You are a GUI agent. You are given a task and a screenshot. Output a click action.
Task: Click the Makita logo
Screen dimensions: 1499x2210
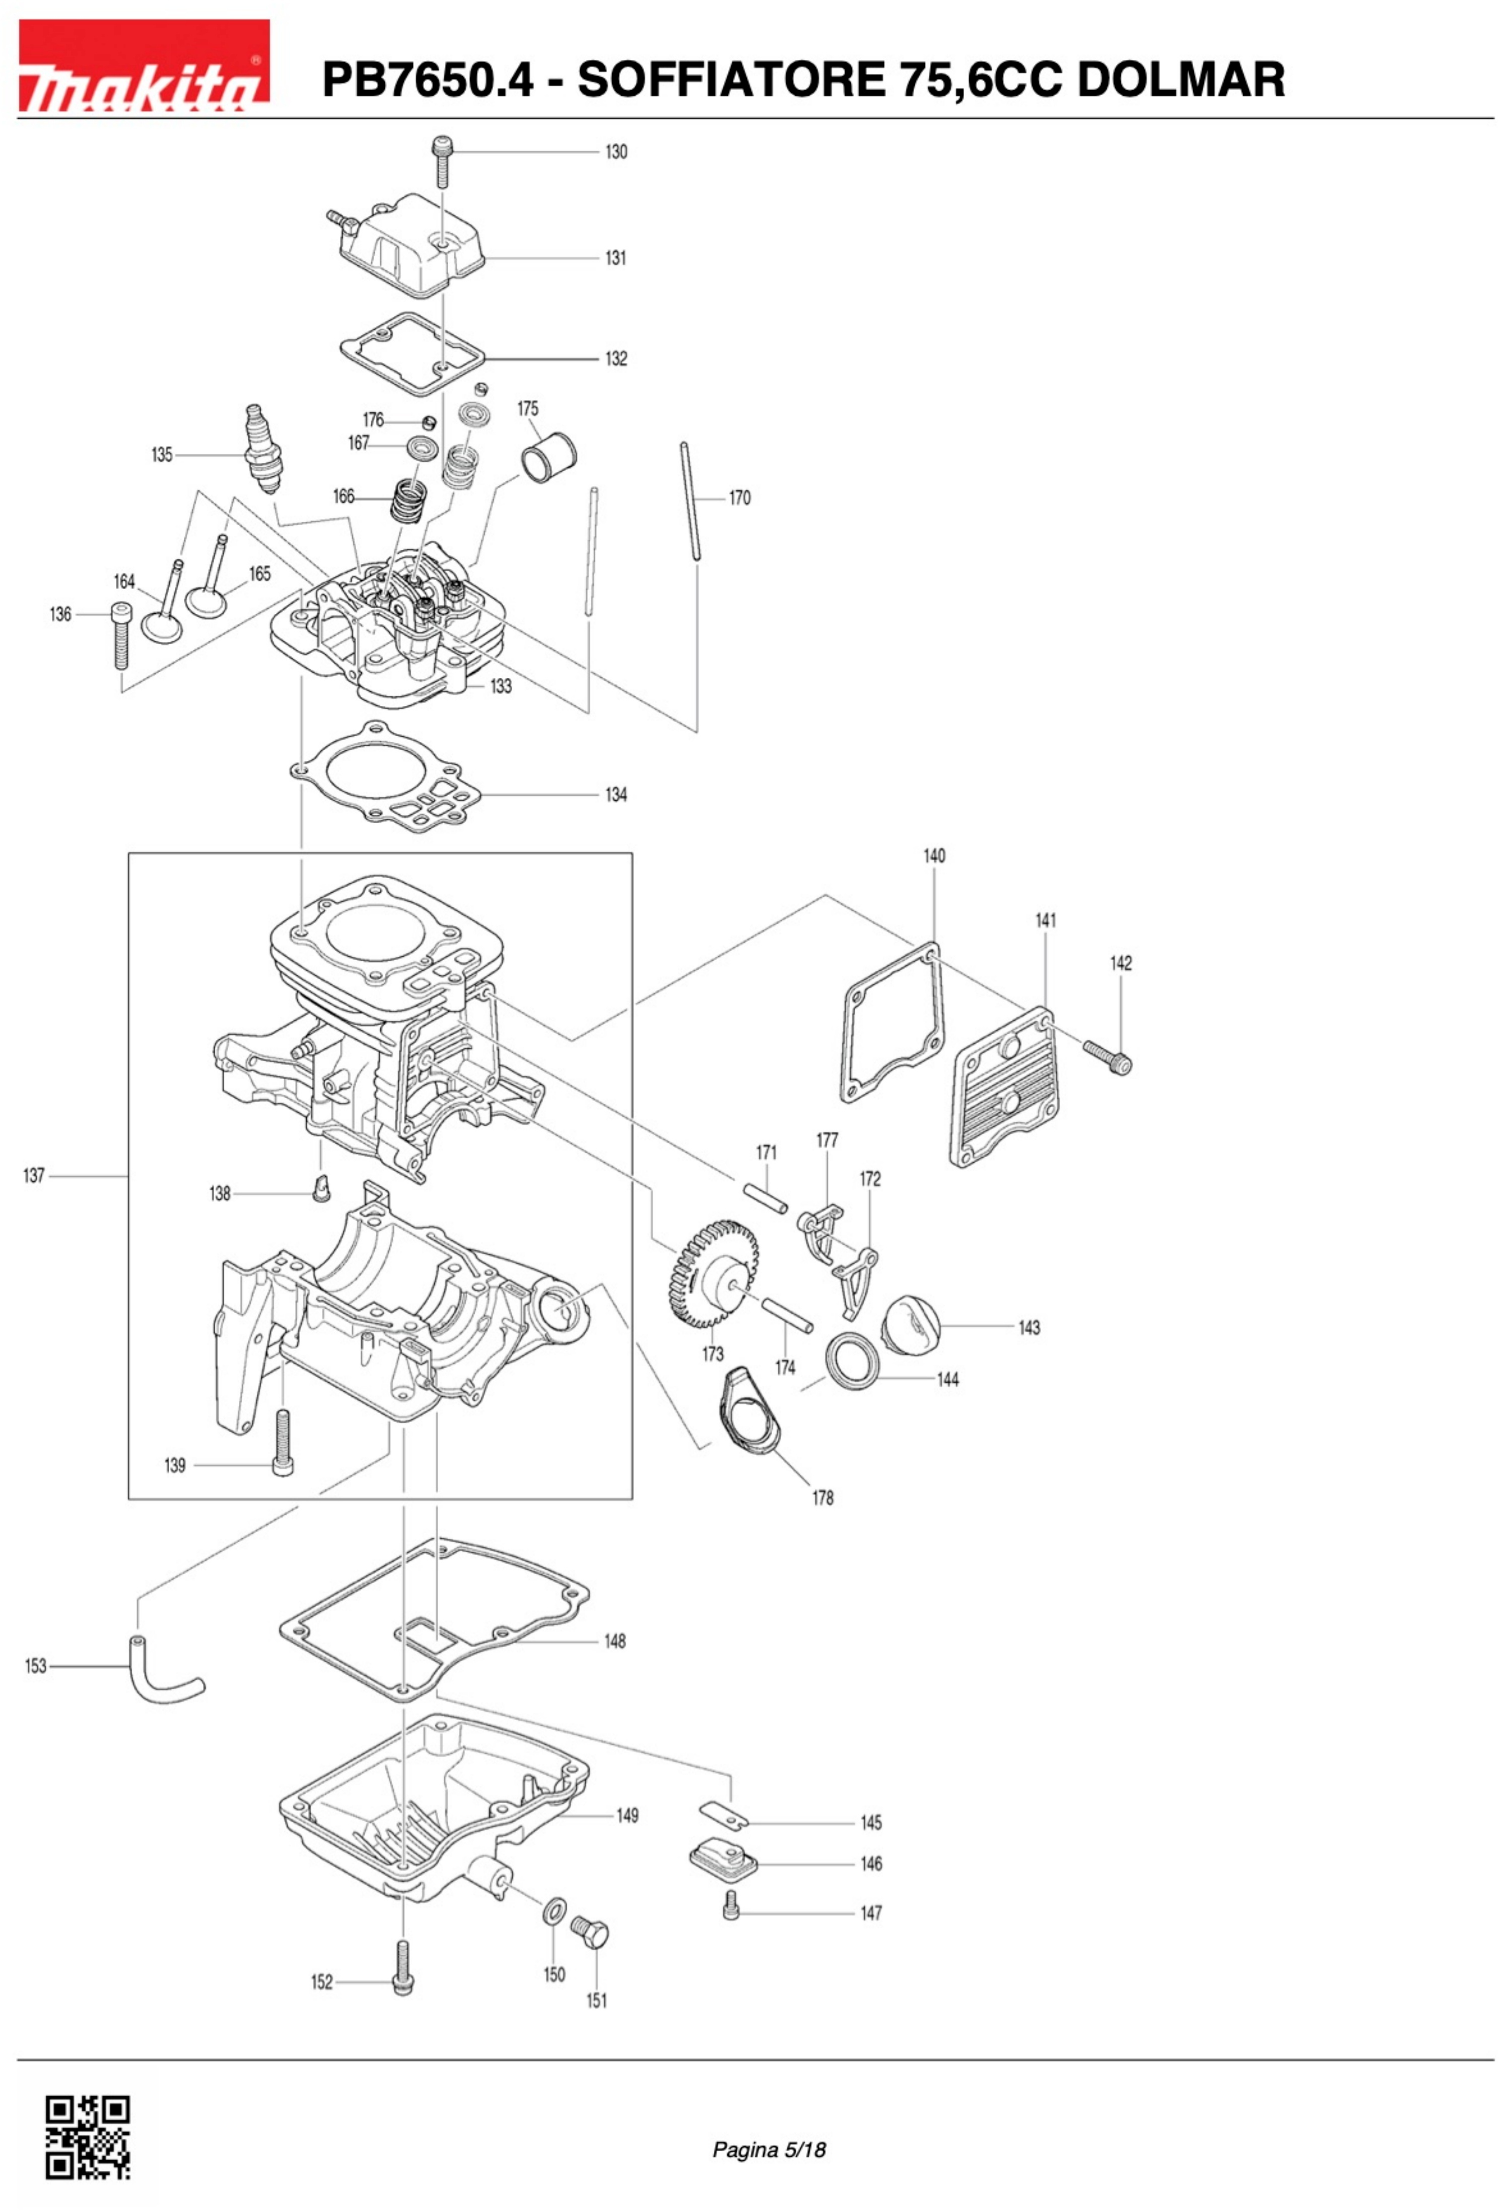click(144, 65)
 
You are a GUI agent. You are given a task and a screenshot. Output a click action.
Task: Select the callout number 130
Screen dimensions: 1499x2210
click(616, 152)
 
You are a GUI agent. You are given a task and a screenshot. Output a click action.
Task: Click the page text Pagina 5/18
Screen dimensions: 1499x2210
click(769, 2149)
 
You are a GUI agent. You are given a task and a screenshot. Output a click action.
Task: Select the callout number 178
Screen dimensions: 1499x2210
click(823, 1498)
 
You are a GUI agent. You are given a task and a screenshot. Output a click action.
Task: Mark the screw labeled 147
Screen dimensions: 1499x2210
click(730, 1905)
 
